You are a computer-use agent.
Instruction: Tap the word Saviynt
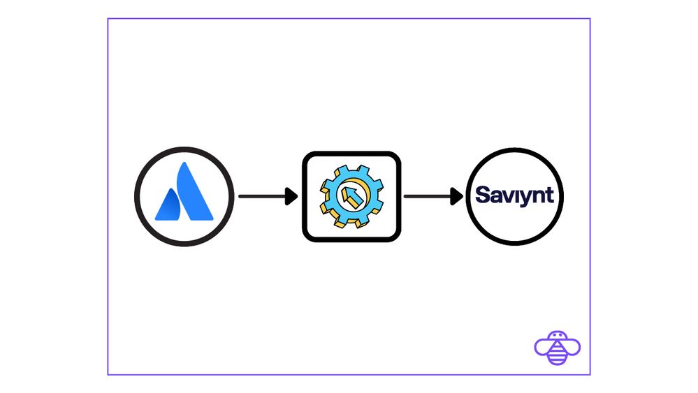click(x=514, y=194)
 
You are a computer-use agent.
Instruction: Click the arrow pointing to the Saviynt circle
click(x=432, y=196)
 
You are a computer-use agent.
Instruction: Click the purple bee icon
click(x=557, y=347)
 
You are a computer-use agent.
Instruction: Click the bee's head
click(x=557, y=336)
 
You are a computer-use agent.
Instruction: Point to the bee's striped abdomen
click(x=557, y=354)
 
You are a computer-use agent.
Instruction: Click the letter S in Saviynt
click(x=482, y=194)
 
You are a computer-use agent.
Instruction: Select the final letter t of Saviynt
click(x=550, y=194)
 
